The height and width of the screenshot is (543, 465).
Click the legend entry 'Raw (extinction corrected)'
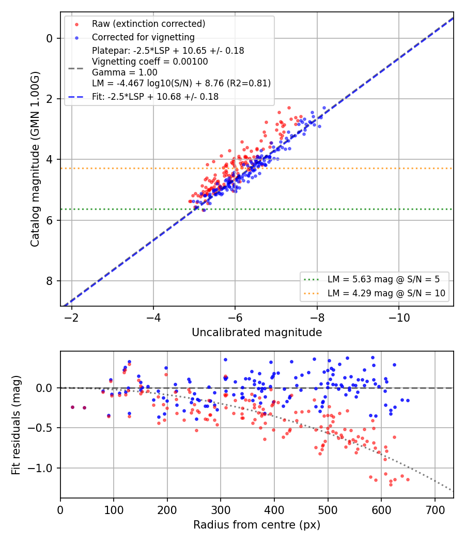(x=148, y=24)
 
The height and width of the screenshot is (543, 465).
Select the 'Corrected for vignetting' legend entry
(x=143, y=37)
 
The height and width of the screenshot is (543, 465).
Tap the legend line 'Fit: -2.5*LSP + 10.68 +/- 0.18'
(x=155, y=97)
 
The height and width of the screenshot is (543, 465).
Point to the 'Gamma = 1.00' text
(x=125, y=72)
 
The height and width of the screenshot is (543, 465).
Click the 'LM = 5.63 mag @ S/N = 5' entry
(x=383, y=279)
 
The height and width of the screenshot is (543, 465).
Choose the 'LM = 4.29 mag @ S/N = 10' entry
(x=386, y=293)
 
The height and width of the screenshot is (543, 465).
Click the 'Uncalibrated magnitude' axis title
(x=257, y=333)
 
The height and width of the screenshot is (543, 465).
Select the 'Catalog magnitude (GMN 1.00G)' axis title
(x=35, y=159)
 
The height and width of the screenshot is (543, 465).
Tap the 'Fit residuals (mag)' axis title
(x=16, y=425)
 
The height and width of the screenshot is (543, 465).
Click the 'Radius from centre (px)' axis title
(x=257, y=525)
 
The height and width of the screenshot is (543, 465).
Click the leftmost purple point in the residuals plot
(x=73, y=408)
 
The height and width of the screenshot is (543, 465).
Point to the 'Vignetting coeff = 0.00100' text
(x=150, y=62)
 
